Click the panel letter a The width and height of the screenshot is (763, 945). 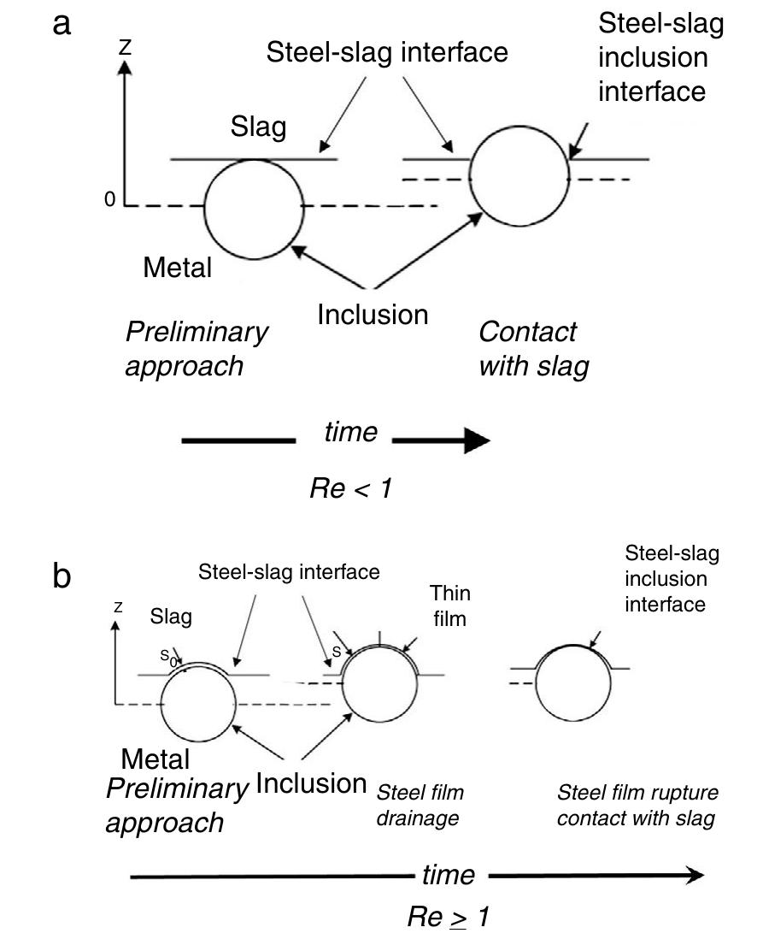tap(62, 24)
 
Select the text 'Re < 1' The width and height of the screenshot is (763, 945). tap(350, 489)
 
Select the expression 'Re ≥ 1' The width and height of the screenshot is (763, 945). tap(449, 918)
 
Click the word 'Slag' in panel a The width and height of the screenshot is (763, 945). tap(258, 128)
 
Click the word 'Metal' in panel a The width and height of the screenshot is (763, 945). tap(177, 268)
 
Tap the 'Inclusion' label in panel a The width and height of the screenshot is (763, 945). tap(373, 314)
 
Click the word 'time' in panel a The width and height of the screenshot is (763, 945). tap(350, 432)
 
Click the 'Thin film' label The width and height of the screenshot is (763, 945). tap(450, 605)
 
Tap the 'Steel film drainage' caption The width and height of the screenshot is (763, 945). tap(419, 805)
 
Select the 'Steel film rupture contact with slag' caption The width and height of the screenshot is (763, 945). tap(637, 805)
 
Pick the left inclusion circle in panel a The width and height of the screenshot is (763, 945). tap(253, 208)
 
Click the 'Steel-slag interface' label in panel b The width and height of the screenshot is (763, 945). tap(289, 572)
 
